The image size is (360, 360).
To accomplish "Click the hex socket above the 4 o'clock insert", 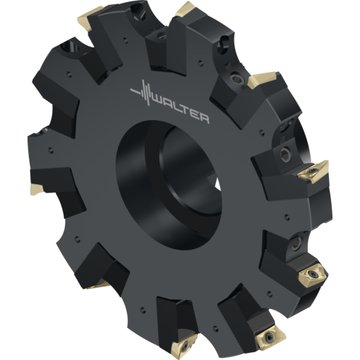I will [296, 244].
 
